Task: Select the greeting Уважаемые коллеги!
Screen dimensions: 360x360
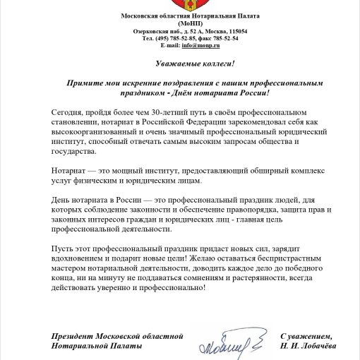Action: coord(180,64)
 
